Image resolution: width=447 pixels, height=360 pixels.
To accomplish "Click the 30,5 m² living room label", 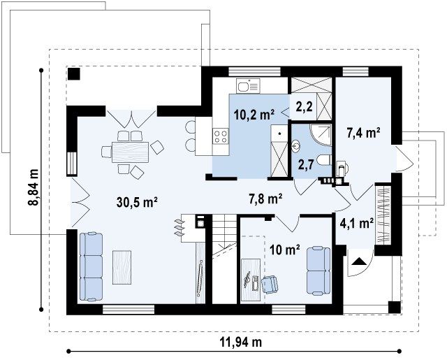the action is click(x=137, y=202).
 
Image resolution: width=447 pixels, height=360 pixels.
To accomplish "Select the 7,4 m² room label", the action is click(x=363, y=133).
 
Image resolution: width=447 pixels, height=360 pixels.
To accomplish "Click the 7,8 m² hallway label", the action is click(x=265, y=199).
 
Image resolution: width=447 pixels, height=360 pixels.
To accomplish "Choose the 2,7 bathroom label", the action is click(x=306, y=164).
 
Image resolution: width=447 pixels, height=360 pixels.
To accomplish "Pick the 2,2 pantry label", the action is click(x=304, y=106).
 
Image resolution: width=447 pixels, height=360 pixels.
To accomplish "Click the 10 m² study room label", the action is click(x=284, y=250).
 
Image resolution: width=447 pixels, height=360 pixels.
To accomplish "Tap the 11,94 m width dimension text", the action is click(x=240, y=341).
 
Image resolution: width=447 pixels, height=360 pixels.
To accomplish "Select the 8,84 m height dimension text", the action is click(x=34, y=187).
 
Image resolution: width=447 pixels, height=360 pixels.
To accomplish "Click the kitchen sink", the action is click(x=248, y=85).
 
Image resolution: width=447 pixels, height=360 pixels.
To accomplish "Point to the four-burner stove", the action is click(x=221, y=136).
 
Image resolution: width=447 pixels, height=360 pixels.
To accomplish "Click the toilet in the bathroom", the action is click(x=325, y=160).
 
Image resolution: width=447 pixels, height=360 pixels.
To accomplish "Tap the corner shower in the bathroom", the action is click(x=321, y=134).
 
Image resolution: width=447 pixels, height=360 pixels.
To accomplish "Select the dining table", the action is click(x=131, y=152).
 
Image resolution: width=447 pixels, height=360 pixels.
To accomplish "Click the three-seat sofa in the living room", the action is click(x=91, y=267).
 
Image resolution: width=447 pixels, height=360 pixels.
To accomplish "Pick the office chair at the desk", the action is click(x=270, y=285).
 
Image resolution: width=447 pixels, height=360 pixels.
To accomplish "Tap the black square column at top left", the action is click(x=74, y=74).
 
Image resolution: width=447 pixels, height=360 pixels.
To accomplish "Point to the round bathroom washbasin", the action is click(x=296, y=146).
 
